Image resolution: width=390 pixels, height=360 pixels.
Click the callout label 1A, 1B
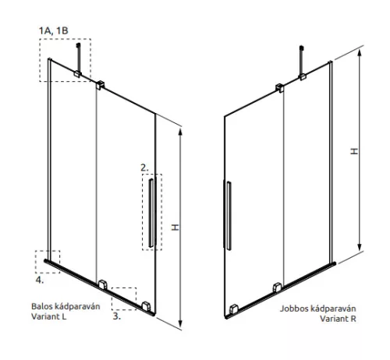(x=54, y=30)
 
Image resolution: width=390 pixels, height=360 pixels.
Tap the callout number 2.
(x=144, y=168)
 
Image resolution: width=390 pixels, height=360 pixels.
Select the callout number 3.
(x=117, y=316)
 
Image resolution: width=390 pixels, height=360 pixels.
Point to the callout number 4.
(x=40, y=280)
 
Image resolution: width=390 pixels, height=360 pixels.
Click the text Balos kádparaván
(x=66, y=306)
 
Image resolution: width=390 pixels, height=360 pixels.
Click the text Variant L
(x=48, y=316)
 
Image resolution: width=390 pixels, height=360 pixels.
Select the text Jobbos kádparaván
(x=317, y=309)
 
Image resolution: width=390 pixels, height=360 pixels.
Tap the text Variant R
(x=338, y=319)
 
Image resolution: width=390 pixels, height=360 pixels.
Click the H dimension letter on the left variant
(x=175, y=228)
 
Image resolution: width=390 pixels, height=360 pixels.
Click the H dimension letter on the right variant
(x=354, y=151)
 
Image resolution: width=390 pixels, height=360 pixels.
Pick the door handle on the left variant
(x=151, y=213)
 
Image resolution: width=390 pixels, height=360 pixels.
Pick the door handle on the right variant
(x=229, y=216)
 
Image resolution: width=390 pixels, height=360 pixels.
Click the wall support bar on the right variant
(x=302, y=61)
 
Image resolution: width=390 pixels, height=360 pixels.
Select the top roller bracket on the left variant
(x=100, y=85)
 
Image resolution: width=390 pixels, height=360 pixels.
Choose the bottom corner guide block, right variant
(x=234, y=309)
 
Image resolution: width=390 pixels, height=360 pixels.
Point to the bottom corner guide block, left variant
(x=146, y=306)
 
